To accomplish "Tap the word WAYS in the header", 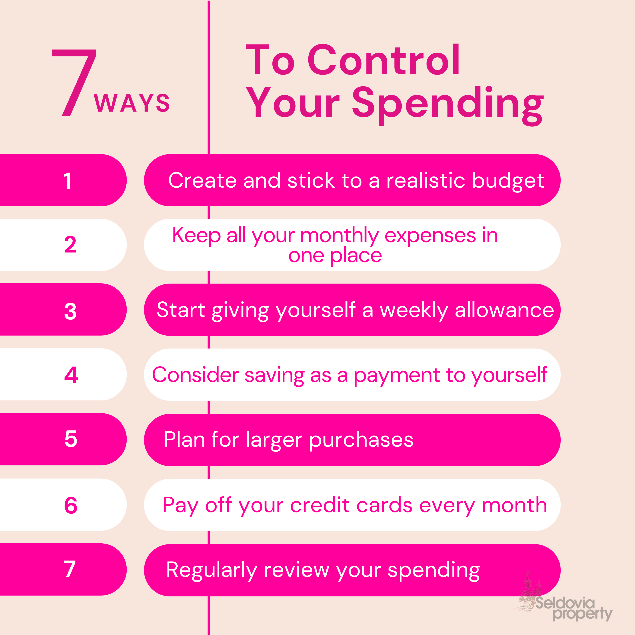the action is [x=132, y=103].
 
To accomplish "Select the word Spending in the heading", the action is [x=448, y=105].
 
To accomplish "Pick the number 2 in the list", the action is [x=70, y=245].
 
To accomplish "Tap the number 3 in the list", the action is [x=70, y=311].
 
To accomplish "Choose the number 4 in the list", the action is [x=71, y=375].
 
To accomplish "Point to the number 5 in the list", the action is [x=71, y=439].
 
